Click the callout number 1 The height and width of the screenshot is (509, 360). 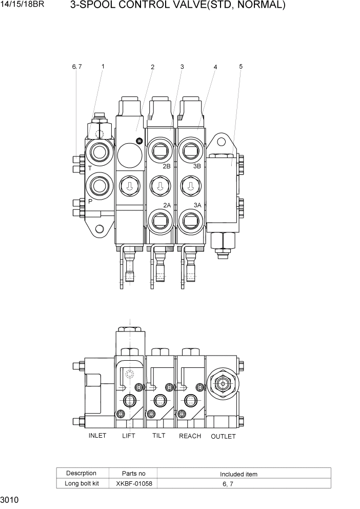[x=103, y=66]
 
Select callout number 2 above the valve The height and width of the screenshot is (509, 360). [x=152, y=67]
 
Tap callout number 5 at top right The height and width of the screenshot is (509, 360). [x=241, y=66]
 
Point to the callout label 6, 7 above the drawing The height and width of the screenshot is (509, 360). [x=77, y=66]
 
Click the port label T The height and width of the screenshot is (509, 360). [x=90, y=168]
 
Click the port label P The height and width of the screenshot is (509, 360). [x=90, y=202]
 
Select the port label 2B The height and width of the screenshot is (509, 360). [x=167, y=167]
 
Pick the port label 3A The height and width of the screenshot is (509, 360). [x=198, y=205]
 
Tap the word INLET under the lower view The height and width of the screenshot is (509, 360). [x=97, y=436]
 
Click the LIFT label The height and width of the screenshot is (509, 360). [x=129, y=436]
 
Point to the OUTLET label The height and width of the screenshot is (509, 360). [x=223, y=436]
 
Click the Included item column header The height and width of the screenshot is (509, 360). [x=238, y=474]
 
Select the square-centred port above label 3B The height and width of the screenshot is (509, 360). [x=190, y=152]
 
